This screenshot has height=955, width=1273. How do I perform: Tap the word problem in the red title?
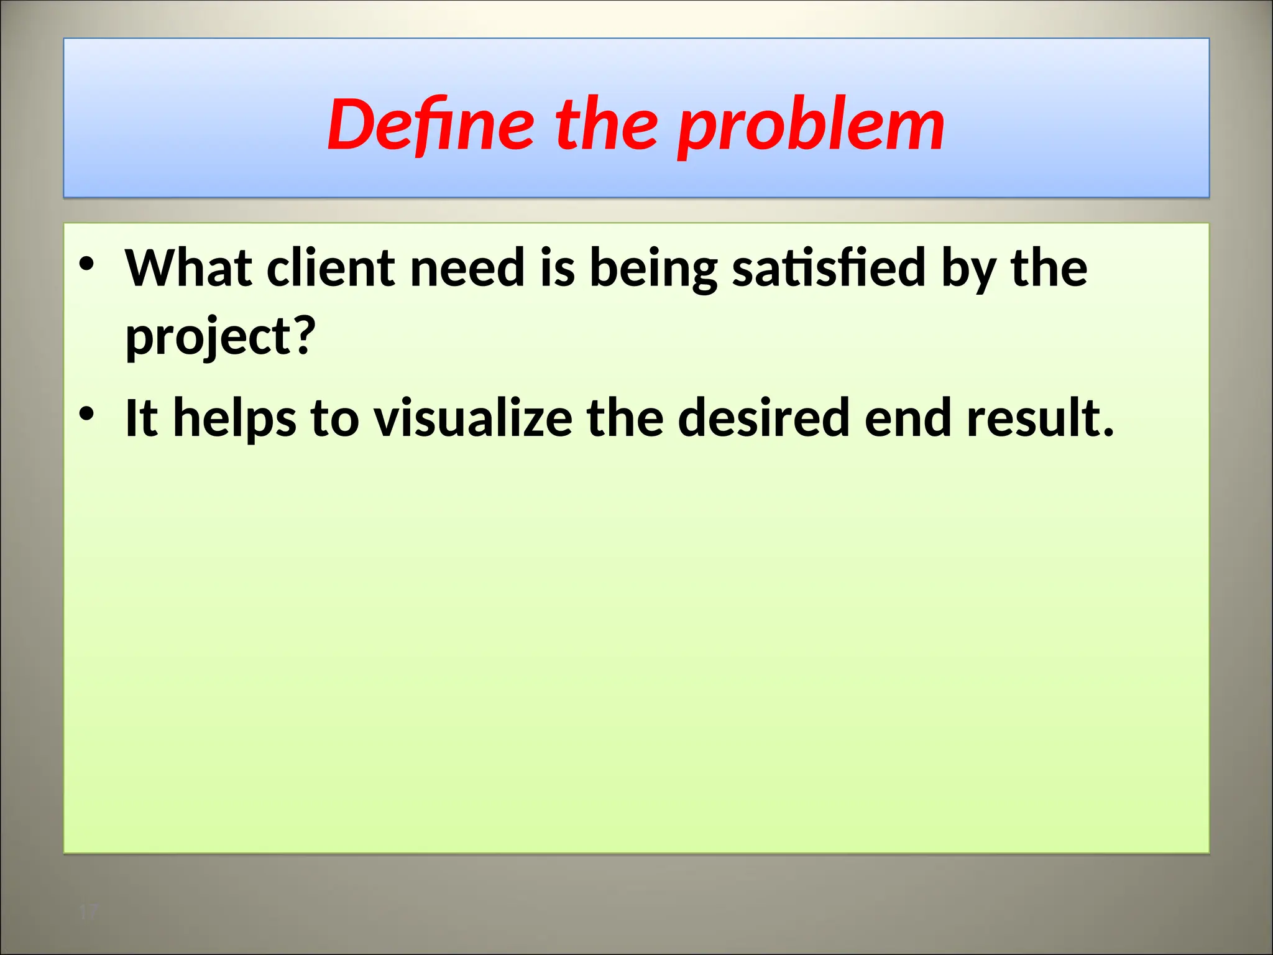811,127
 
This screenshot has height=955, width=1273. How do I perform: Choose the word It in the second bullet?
141,418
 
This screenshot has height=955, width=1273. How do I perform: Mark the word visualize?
472,418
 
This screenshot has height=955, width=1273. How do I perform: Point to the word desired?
763,418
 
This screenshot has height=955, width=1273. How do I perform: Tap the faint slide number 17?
89,912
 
